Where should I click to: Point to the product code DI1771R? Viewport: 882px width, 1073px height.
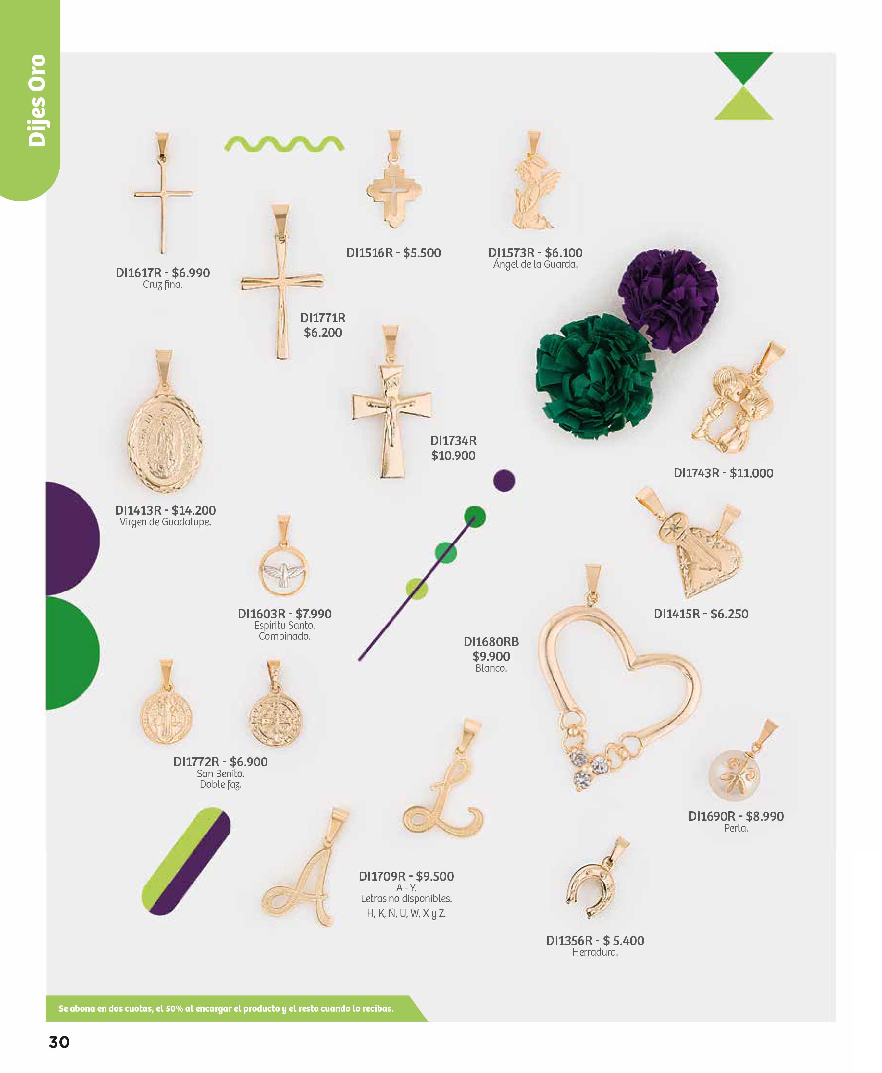323,318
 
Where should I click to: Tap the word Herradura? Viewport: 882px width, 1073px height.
595,952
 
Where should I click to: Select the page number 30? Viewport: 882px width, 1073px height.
59,1042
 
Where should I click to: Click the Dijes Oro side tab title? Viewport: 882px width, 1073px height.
37,101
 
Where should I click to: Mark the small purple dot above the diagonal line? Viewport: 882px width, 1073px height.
504,481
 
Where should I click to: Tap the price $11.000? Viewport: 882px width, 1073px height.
752,473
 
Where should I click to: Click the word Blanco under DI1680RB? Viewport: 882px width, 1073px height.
491,668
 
